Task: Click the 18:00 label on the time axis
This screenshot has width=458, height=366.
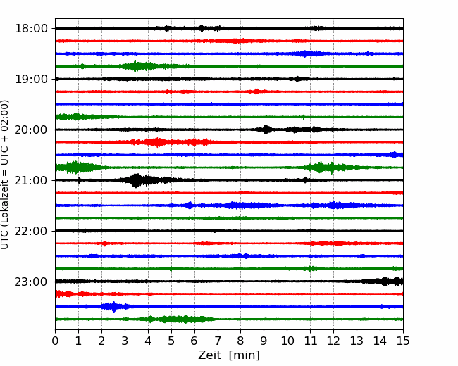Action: tap(31, 29)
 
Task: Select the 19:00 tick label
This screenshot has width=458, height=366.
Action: tap(31, 79)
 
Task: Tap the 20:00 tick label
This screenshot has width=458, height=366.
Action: tap(31, 130)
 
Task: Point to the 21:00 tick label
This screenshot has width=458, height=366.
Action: tap(31, 180)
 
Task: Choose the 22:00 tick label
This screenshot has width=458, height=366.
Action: tap(31, 231)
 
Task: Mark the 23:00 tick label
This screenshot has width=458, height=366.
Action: tap(31, 282)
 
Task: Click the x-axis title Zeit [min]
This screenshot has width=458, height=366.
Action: tap(229, 355)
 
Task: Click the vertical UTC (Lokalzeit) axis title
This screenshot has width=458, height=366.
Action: tap(4, 175)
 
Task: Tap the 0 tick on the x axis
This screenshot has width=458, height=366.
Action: tap(55, 341)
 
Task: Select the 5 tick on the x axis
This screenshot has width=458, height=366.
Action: tap(171, 341)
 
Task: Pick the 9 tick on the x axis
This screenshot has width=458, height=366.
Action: tap(264, 341)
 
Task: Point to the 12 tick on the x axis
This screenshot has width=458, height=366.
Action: tap(333, 341)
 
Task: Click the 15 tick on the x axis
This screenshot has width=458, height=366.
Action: tap(403, 341)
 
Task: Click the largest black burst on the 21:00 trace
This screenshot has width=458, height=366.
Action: tap(136, 180)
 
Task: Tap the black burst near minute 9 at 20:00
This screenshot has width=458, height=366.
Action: tap(266, 130)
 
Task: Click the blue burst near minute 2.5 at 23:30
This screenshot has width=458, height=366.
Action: tap(113, 307)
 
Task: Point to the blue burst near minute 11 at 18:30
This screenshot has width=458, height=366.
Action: tap(306, 53)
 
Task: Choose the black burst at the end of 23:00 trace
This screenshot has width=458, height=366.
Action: tap(385, 282)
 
